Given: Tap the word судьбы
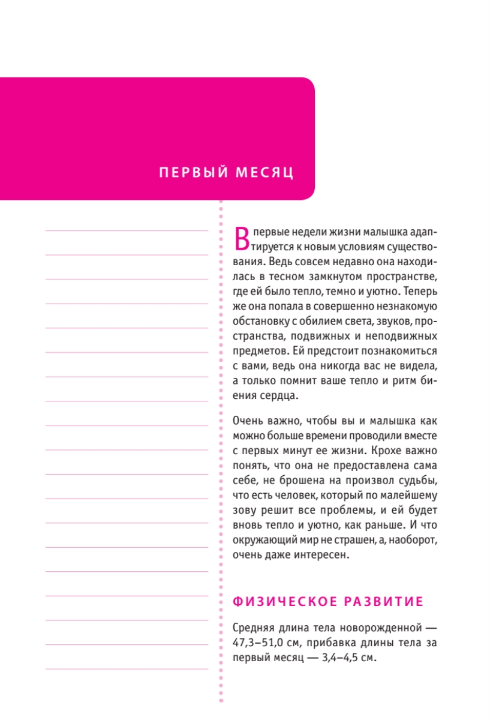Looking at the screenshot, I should pos(420,480).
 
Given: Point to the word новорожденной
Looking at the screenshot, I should pos(373,628).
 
